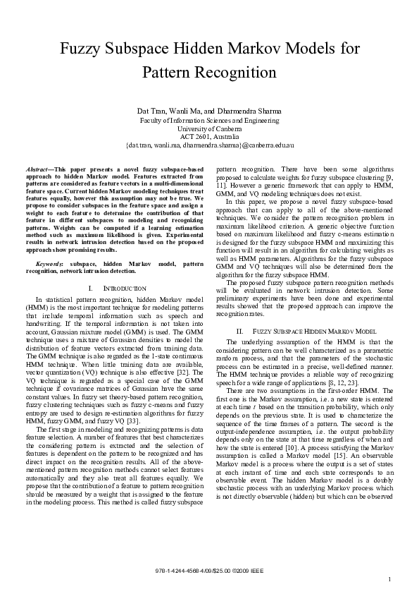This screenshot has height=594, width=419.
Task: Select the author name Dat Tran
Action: click(x=152, y=111)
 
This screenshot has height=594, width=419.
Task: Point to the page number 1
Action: click(x=389, y=580)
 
